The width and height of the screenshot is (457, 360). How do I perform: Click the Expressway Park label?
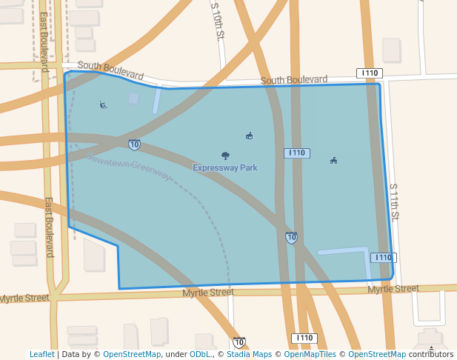click(x=225, y=168)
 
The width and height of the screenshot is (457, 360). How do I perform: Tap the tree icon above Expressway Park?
click(x=225, y=156)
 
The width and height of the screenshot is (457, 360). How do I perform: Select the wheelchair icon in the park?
click(x=103, y=104)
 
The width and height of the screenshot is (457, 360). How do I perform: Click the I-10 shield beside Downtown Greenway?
click(x=134, y=144)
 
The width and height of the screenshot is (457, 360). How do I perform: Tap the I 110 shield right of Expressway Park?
click(x=296, y=153)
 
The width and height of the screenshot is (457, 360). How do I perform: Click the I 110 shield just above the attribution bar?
click(x=304, y=338)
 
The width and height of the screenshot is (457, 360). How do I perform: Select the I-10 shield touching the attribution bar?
click(x=238, y=342)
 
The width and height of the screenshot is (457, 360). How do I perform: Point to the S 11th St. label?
click(x=394, y=202)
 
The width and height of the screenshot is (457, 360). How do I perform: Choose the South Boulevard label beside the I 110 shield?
click(x=294, y=79)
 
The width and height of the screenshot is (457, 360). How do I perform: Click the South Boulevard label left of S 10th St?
click(x=110, y=70)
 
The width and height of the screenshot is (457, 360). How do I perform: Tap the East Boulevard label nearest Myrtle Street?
click(x=49, y=227)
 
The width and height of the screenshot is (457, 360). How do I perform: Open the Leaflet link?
click(x=42, y=355)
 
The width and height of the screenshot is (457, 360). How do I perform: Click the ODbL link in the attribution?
click(x=201, y=355)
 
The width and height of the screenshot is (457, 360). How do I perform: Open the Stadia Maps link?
click(x=248, y=355)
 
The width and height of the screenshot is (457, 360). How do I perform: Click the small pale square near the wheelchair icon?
click(x=133, y=98)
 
